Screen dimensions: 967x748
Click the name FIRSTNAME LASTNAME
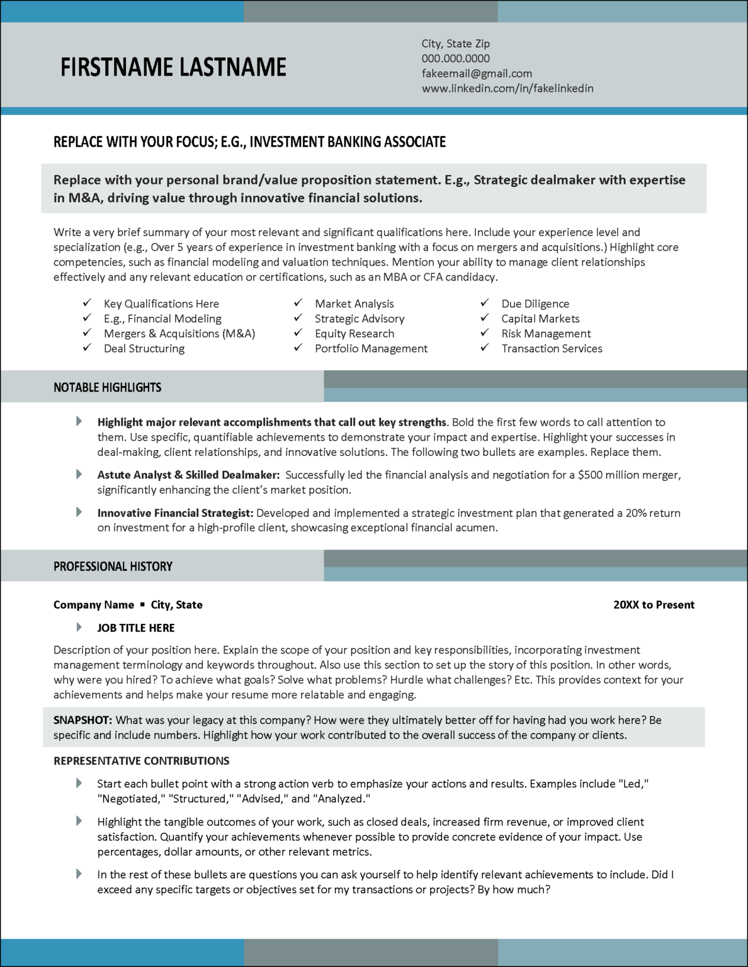click(x=173, y=67)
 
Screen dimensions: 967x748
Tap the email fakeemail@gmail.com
click(x=477, y=74)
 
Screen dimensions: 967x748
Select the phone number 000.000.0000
click(x=455, y=59)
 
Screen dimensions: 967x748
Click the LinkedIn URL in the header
click(x=507, y=88)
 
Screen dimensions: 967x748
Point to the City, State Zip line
click(x=455, y=43)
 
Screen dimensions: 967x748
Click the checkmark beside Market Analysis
click(x=298, y=303)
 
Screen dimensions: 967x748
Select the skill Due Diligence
click(x=535, y=303)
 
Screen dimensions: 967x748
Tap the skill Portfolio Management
click(x=371, y=348)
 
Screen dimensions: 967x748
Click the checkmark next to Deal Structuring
click(x=87, y=348)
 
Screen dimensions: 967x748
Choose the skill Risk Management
click(x=545, y=334)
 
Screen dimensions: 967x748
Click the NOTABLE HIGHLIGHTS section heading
click(x=107, y=387)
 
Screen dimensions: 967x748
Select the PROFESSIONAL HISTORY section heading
click(x=113, y=567)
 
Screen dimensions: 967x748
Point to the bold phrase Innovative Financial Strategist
click(x=174, y=513)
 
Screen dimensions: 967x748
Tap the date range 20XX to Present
click(x=654, y=604)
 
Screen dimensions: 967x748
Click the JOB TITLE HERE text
click(x=135, y=628)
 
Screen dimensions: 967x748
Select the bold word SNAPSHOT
click(x=82, y=720)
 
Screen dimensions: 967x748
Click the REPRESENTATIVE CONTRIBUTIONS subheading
click(x=141, y=761)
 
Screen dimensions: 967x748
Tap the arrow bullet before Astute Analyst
click(x=79, y=474)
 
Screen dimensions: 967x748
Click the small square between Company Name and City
click(x=142, y=604)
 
